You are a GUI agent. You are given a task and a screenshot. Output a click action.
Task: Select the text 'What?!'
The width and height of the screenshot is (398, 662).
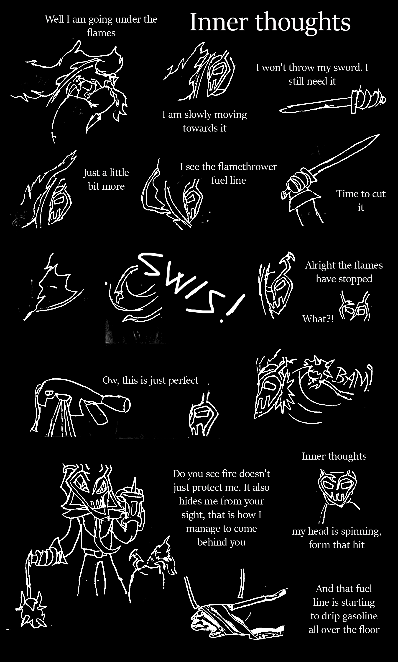tap(318, 319)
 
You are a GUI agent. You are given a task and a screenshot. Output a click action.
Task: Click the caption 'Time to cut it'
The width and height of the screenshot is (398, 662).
tap(361, 200)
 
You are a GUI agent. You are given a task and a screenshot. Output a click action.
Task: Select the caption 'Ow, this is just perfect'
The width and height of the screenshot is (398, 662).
tap(151, 380)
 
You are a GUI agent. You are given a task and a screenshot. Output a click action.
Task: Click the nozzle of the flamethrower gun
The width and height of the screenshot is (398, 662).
tap(118, 404)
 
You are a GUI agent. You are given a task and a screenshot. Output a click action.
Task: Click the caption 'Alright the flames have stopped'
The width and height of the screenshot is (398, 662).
tap(344, 272)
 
